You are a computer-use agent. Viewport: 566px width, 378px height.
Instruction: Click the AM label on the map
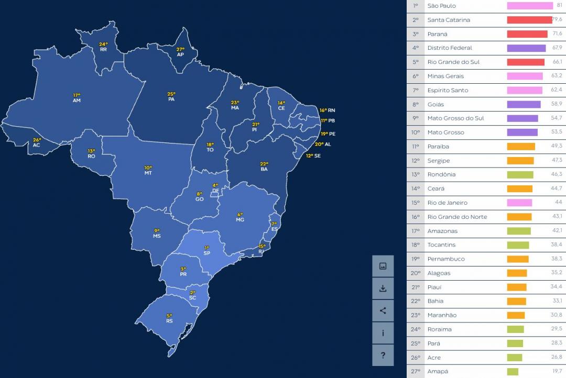tap(77, 100)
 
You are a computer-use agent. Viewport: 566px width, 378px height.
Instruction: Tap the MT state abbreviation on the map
tap(148, 173)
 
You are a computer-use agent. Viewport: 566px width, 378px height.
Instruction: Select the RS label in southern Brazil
tap(169, 321)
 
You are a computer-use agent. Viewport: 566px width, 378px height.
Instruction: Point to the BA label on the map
tap(264, 169)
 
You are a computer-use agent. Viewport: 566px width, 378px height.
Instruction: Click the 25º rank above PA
tap(171, 94)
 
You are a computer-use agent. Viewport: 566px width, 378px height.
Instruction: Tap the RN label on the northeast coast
tap(332, 110)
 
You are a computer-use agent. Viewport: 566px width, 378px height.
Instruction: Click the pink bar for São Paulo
tap(530, 6)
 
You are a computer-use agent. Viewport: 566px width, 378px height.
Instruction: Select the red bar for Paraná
tap(527, 34)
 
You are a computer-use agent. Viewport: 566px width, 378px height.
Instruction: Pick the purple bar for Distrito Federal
tap(526, 48)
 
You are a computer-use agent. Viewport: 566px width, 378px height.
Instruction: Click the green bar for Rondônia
tap(520, 175)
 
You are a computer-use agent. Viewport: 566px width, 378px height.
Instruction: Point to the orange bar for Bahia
tap(516, 302)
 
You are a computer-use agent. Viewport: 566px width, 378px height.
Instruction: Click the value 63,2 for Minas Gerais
tap(557, 76)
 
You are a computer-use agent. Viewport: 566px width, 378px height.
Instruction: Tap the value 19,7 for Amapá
tap(557, 372)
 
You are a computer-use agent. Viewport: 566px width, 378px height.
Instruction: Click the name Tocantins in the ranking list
tap(441, 245)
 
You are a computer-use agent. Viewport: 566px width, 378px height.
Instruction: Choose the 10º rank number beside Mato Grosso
tap(416, 132)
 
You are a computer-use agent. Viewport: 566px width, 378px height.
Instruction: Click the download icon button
tap(383, 288)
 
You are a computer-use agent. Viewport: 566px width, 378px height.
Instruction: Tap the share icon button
tap(383, 310)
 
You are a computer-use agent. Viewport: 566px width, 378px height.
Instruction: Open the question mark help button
tap(383, 355)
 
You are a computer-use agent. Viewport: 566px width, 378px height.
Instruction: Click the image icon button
tap(383, 266)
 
